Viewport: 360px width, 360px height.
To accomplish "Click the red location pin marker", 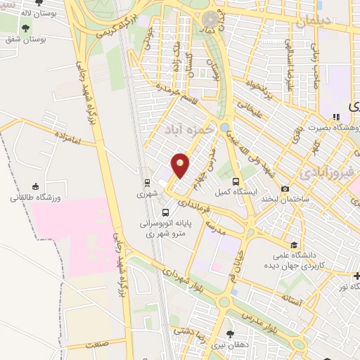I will coord(181,165).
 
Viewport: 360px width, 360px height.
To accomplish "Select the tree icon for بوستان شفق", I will coord(26,29).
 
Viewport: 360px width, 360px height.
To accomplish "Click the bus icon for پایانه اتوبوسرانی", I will coord(165,212).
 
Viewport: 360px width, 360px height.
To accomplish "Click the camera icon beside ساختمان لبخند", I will coord(285,189).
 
